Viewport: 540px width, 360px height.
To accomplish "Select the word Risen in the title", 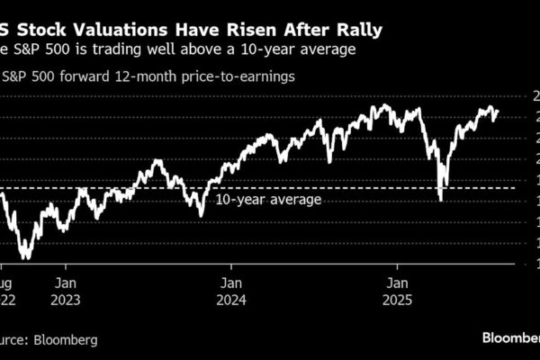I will click(x=250, y=31).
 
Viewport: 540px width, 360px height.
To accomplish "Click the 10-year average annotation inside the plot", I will click(x=268, y=199).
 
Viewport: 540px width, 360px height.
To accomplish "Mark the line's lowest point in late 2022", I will click(x=25, y=259).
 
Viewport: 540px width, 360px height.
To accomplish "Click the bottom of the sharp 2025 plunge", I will click(x=440, y=200).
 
